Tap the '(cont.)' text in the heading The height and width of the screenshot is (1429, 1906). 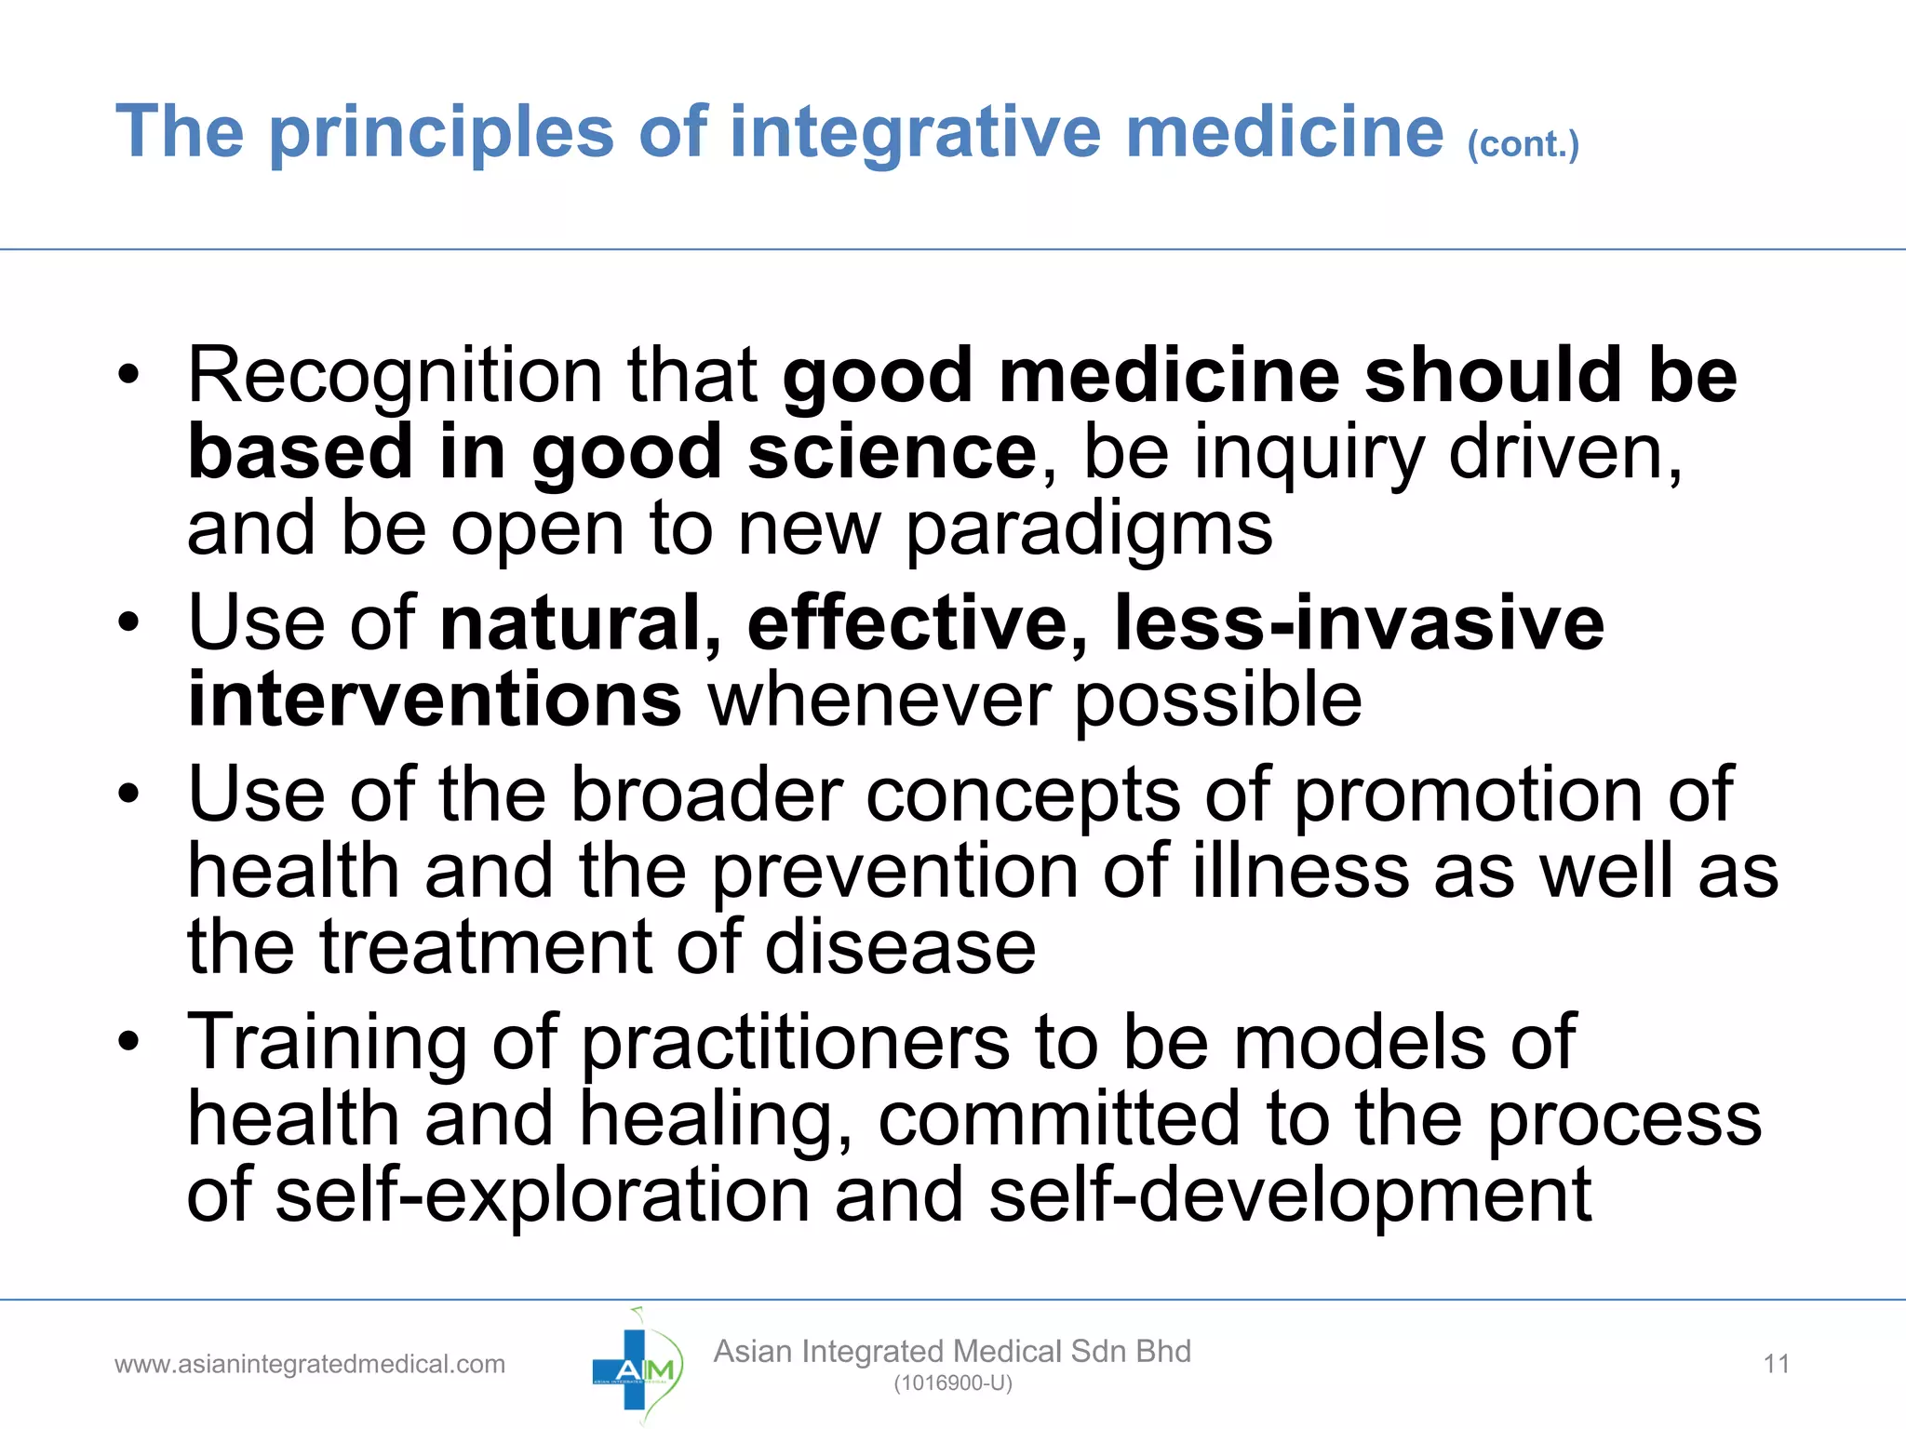pyautogui.click(x=1523, y=145)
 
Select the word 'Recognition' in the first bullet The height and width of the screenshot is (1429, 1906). pyautogui.click(x=395, y=376)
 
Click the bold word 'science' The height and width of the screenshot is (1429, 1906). pyautogui.click(x=892, y=452)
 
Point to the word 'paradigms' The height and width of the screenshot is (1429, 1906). pyautogui.click(x=1089, y=530)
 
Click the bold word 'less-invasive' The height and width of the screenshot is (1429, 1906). pyautogui.click(x=1359, y=622)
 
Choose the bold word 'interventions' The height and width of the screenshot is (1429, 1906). pyautogui.click(x=435, y=700)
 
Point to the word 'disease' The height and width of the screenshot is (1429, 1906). pyautogui.click(x=900, y=948)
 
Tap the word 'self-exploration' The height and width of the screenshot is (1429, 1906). pyautogui.click(x=543, y=1196)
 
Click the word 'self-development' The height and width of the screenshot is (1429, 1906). pyautogui.click(x=1289, y=1196)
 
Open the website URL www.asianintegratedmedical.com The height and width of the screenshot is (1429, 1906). pyautogui.click(x=310, y=1365)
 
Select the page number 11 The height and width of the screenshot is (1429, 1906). pyautogui.click(x=1776, y=1365)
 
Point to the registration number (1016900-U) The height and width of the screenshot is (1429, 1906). pyautogui.click(x=952, y=1383)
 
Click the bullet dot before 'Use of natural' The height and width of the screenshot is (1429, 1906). pyautogui.click(x=128, y=622)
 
